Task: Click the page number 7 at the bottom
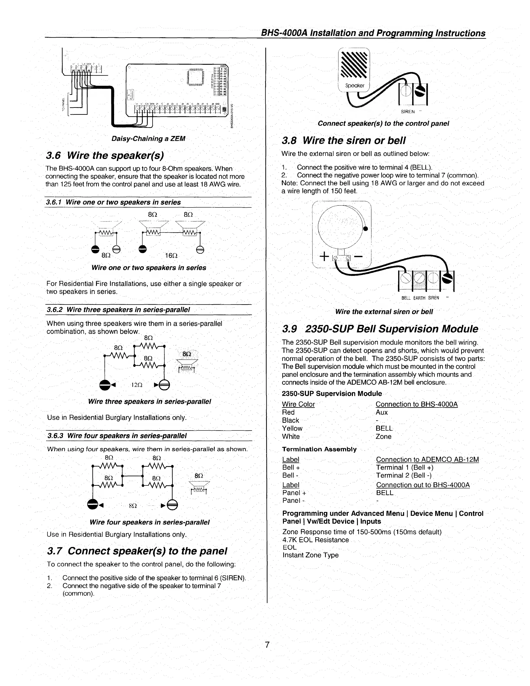click(267, 645)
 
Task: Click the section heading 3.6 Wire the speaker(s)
click(105, 155)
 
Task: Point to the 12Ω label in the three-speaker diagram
click(137, 385)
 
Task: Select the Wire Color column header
click(298, 404)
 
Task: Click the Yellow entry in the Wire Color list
click(292, 429)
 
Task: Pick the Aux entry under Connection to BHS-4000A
click(381, 413)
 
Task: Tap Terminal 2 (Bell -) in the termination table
click(404, 475)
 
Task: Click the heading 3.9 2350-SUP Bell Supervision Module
click(380, 329)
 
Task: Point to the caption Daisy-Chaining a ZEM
click(149, 139)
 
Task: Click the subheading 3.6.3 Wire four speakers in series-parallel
click(117, 436)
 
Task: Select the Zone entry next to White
click(383, 437)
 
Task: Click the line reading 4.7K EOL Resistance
click(315, 540)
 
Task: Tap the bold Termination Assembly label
click(319, 449)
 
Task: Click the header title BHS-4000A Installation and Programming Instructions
click(373, 33)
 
